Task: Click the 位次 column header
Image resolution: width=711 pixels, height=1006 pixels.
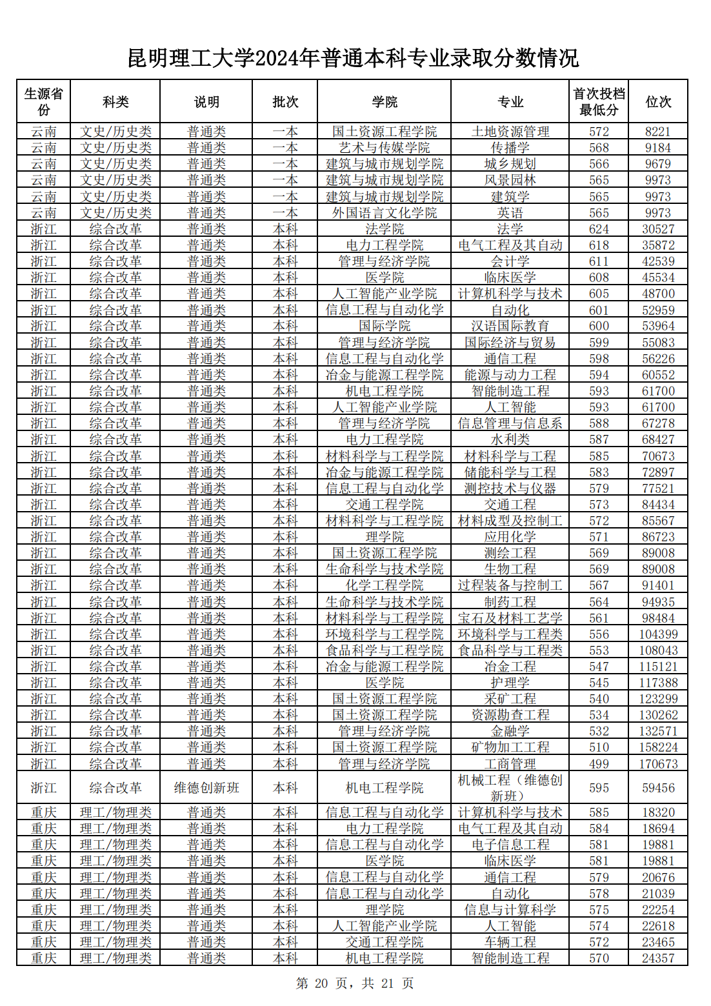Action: click(657, 101)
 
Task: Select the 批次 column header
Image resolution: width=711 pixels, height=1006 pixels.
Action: click(285, 101)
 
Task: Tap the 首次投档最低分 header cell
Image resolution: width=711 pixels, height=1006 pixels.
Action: click(599, 101)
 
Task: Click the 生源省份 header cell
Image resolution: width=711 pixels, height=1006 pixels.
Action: click(43, 101)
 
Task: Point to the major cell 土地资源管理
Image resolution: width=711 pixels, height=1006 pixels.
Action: click(510, 132)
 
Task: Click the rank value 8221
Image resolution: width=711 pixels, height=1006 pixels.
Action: click(657, 132)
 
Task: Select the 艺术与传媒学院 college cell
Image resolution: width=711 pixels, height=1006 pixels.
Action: click(385, 148)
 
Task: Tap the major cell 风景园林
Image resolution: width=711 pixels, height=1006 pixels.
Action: click(510, 180)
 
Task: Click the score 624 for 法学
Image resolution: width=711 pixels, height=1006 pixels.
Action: click(599, 229)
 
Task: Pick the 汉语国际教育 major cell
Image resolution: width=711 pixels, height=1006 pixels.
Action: click(510, 326)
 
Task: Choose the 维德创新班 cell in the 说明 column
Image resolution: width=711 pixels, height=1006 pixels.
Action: click(206, 788)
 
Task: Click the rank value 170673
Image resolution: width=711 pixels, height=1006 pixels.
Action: click(658, 764)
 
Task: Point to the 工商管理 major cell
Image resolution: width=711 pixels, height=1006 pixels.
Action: click(510, 764)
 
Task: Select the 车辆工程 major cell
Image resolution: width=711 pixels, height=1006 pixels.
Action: click(510, 942)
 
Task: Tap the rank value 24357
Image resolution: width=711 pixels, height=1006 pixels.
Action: click(658, 958)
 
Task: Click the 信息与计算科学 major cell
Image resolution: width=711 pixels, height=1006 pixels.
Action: click(510, 910)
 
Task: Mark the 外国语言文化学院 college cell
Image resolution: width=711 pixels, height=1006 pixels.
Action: click(385, 213)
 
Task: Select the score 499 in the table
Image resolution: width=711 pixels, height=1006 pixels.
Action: click(599, 764)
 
